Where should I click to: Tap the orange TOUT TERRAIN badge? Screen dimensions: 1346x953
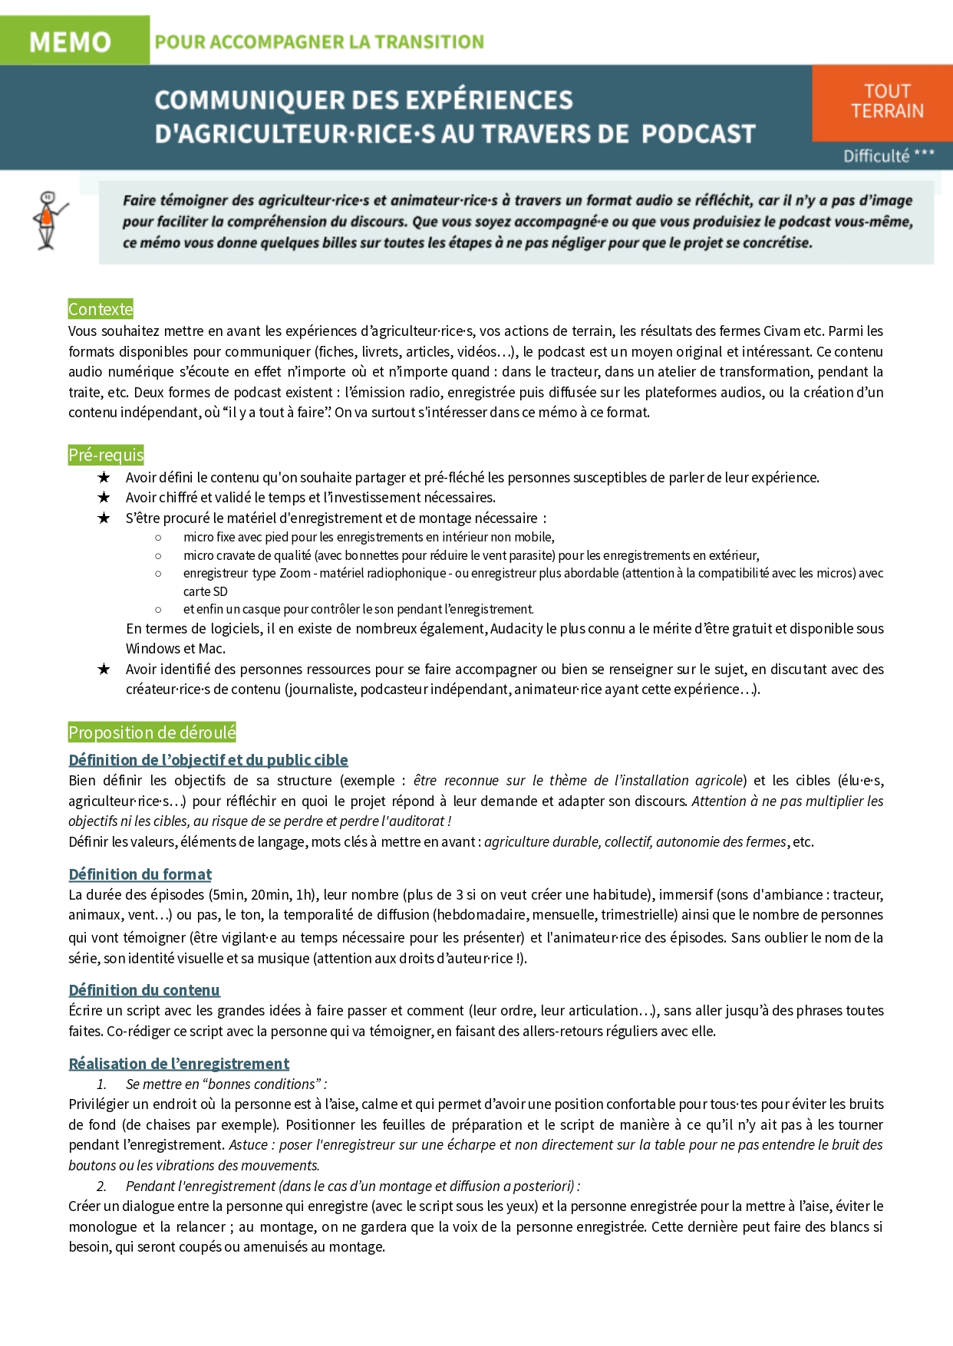886,101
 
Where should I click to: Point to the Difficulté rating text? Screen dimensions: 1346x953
888,156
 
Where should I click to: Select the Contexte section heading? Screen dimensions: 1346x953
101,309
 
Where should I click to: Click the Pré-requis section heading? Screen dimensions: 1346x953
106,455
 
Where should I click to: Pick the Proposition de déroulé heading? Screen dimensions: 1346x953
152,732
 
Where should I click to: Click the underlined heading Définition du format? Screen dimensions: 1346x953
140,874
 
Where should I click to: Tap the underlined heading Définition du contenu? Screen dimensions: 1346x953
143,990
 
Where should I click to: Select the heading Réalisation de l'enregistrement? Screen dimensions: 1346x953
179,1064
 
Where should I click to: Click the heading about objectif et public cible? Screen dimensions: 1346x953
208,760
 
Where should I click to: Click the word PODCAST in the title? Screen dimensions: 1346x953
698,134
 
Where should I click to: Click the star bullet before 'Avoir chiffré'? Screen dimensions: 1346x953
104,498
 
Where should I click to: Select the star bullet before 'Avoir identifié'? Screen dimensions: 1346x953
104,670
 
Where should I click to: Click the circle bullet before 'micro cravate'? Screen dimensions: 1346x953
159,556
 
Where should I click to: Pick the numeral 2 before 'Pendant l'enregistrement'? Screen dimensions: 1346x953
101,1186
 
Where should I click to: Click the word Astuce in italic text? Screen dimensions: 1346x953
248,1145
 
